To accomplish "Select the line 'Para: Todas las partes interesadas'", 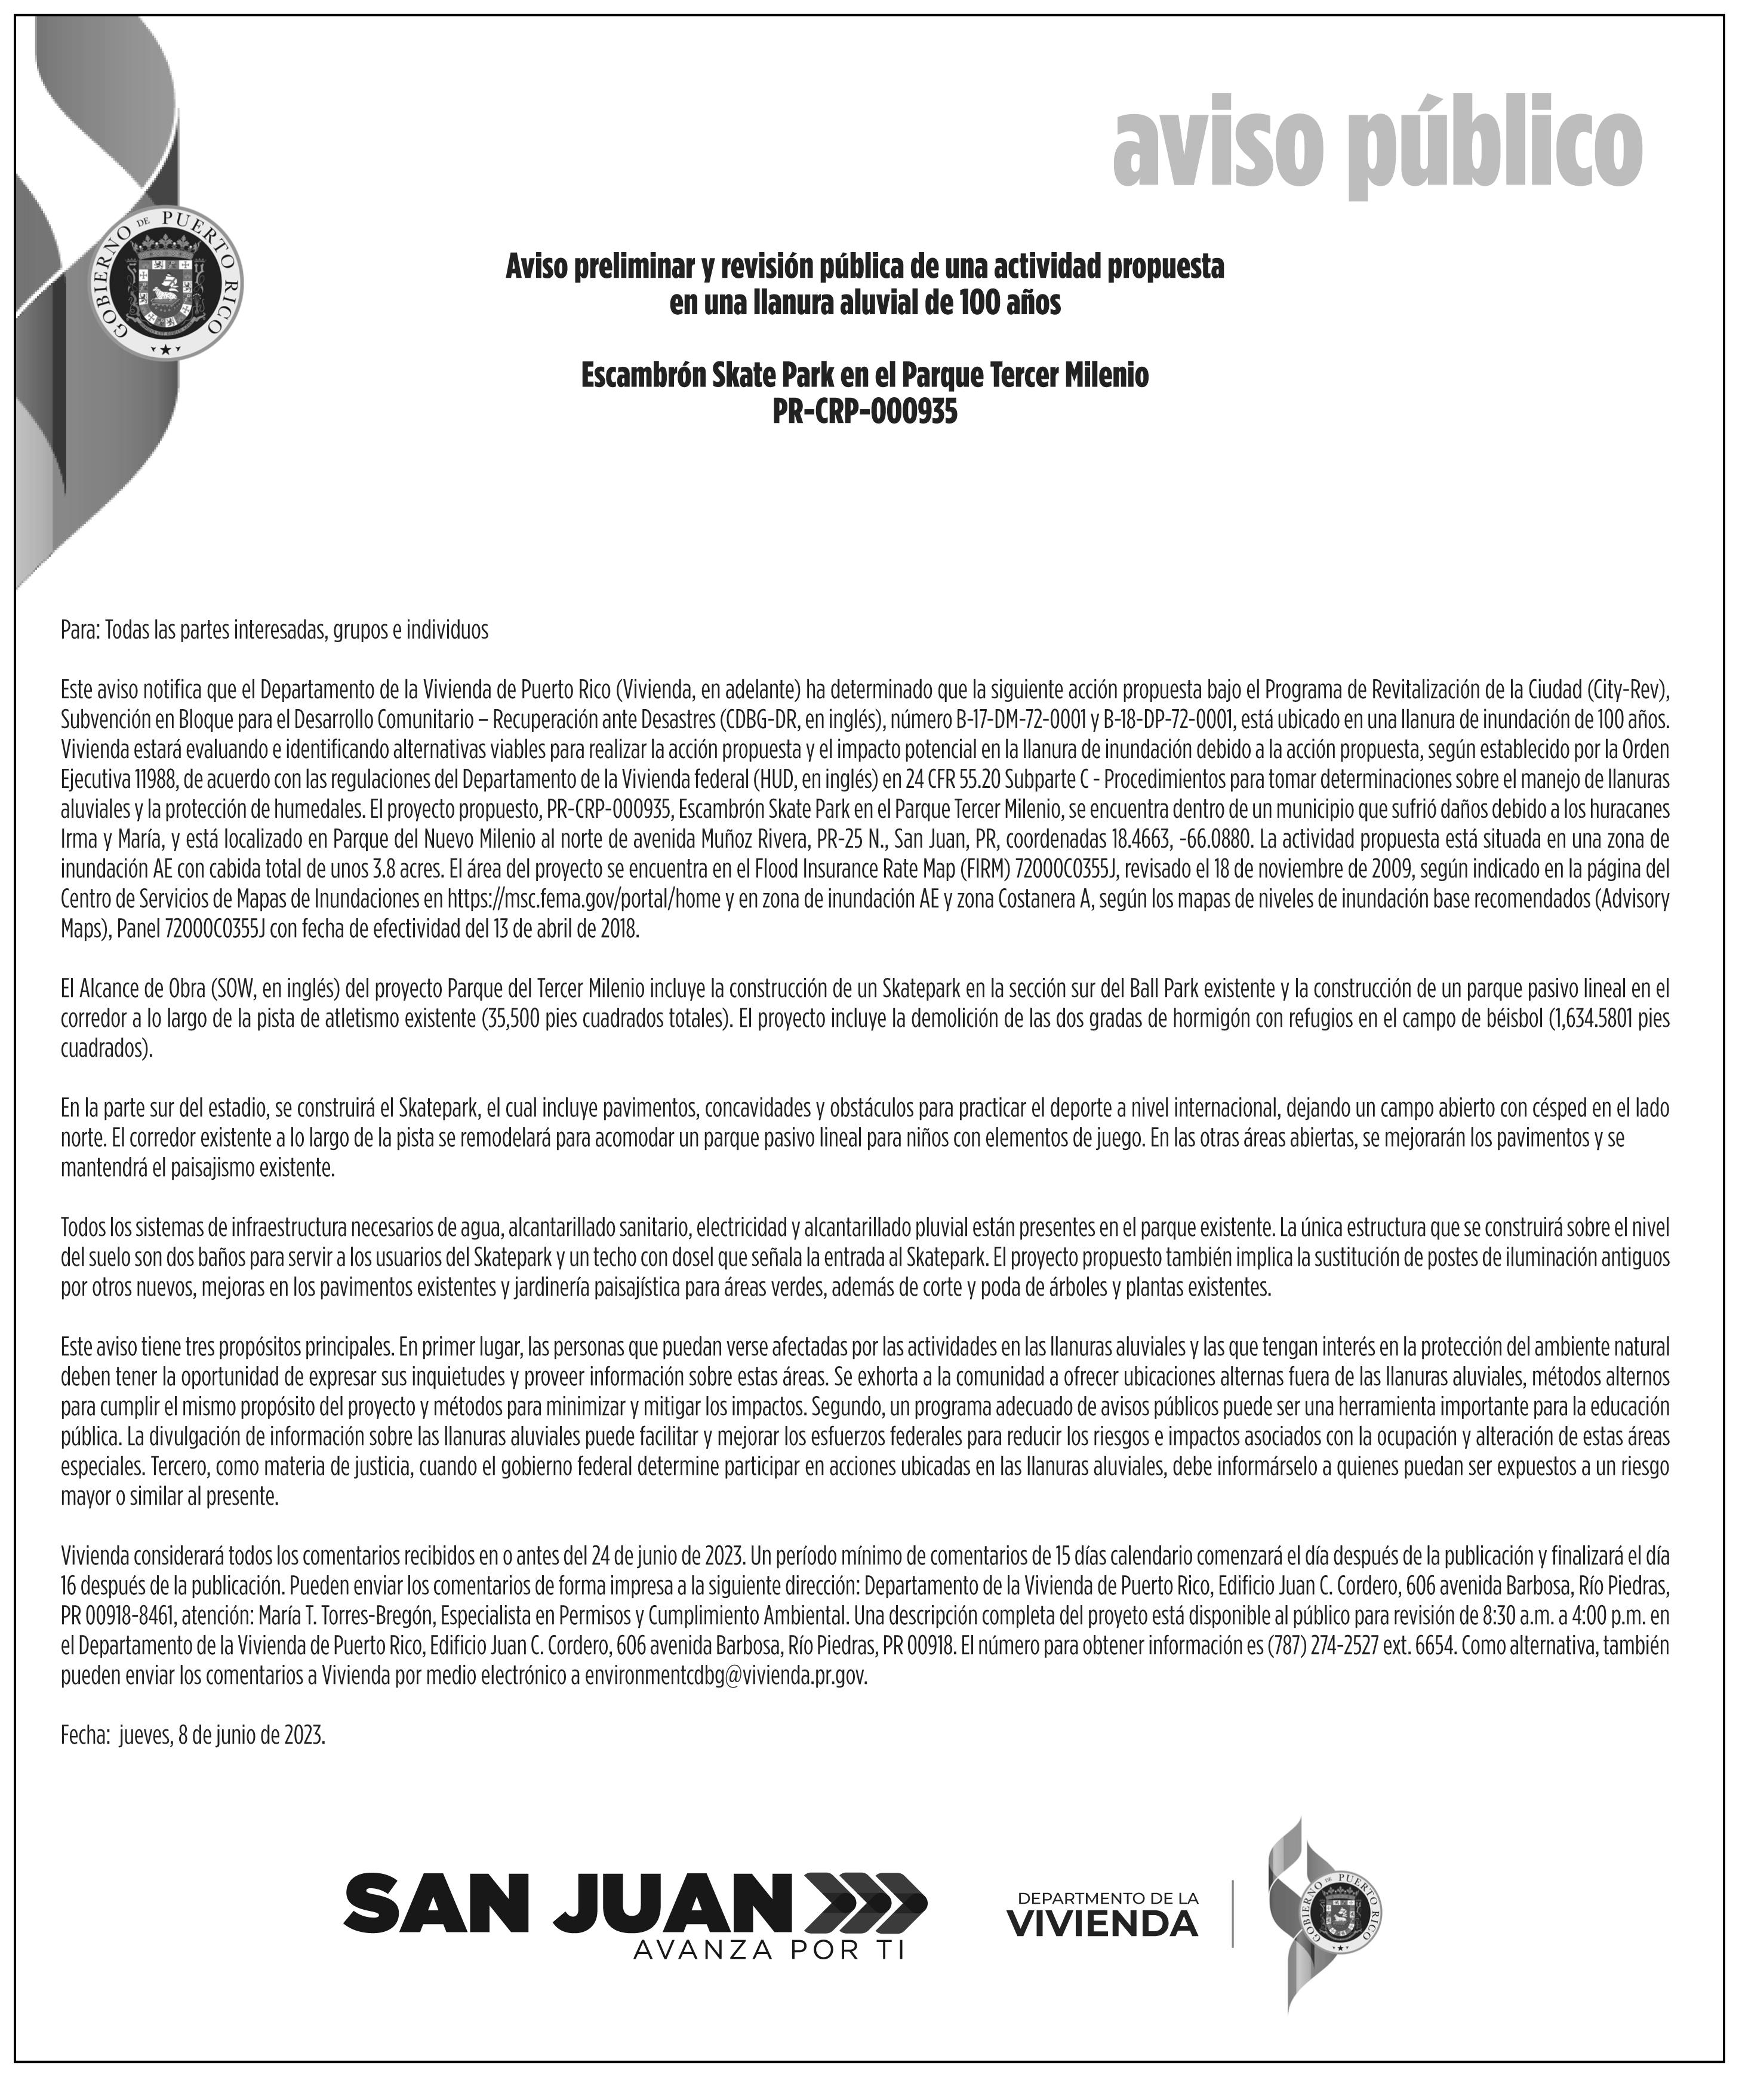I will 274,630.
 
